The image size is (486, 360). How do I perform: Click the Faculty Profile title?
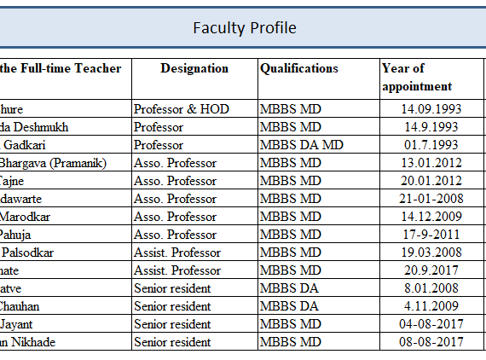245,28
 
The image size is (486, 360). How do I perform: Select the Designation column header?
194,68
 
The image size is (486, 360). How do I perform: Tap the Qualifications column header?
299,68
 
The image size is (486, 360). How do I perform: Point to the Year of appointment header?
417,78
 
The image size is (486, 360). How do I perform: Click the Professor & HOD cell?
182,109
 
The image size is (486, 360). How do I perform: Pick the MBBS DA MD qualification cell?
302,145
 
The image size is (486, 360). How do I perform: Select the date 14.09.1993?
431,109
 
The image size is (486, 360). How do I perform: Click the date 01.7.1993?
431,145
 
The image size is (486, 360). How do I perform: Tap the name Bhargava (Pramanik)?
53,164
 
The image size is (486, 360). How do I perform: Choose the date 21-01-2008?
431,199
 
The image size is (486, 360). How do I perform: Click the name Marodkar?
25,217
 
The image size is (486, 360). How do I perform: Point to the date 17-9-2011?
431,235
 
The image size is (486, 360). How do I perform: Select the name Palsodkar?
28,253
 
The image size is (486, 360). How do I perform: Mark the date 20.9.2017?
431,270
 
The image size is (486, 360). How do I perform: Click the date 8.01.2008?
431,288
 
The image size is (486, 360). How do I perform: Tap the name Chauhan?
20,306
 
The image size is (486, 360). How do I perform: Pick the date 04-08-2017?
431,324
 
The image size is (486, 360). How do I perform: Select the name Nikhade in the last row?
33,342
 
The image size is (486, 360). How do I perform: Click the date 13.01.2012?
431,163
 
